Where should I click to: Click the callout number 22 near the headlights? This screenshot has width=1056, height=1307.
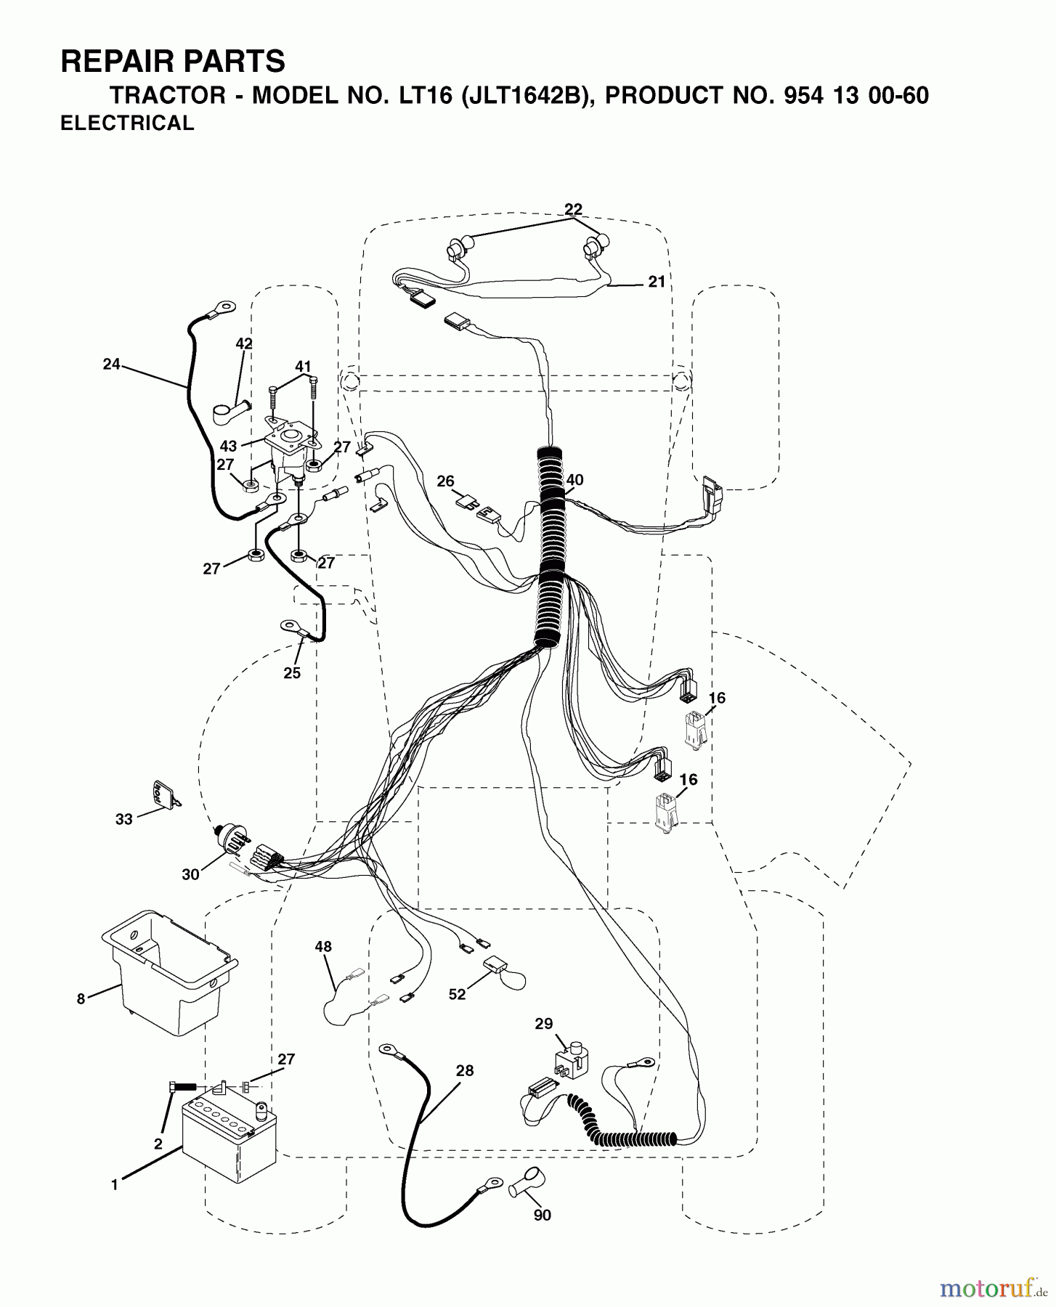(x=573, y=209)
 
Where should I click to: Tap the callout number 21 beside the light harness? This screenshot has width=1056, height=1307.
(x=657, y=282)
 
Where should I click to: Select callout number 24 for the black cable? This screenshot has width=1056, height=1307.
(x=111, y=365)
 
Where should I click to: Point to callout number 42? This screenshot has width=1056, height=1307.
(x=244, y=343)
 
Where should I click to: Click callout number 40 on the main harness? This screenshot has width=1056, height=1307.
(x=574, y=480)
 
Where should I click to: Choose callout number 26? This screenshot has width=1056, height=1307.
(x=445, y=481)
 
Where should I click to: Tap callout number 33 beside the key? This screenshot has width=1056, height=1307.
(x=124, y=819)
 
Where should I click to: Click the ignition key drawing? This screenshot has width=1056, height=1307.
(x=163, y=793)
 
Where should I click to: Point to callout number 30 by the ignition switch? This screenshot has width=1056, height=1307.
(x=190, y=875)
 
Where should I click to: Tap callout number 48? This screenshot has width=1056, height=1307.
(x=323, y=946)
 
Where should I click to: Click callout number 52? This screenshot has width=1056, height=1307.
(x=457, y=995)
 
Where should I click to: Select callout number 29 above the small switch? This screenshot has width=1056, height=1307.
(x=544, y=1024)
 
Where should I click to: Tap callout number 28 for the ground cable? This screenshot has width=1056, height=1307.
(x=465, y=1070)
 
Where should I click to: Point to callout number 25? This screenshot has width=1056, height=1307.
(x=292, y=673)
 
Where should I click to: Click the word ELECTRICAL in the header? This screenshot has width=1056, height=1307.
(x=127, y=123)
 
